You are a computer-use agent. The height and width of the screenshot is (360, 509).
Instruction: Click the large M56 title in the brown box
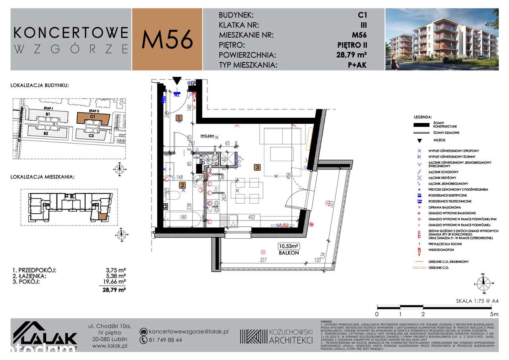tap(167, 39)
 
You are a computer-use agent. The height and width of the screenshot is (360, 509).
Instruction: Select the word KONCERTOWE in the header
tap(71, 32)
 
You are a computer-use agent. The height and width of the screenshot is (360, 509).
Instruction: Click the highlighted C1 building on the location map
tap(92, 118)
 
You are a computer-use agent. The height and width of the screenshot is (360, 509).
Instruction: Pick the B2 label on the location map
tap(46, 134)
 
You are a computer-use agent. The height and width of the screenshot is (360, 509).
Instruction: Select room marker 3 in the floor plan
tap(258, 167)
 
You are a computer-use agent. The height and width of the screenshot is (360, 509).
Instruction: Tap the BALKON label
tap(288, 253)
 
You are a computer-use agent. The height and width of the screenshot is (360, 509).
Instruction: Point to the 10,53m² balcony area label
tap(288, 247)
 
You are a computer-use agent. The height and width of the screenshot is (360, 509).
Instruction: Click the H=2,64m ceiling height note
tap(208, 136)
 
